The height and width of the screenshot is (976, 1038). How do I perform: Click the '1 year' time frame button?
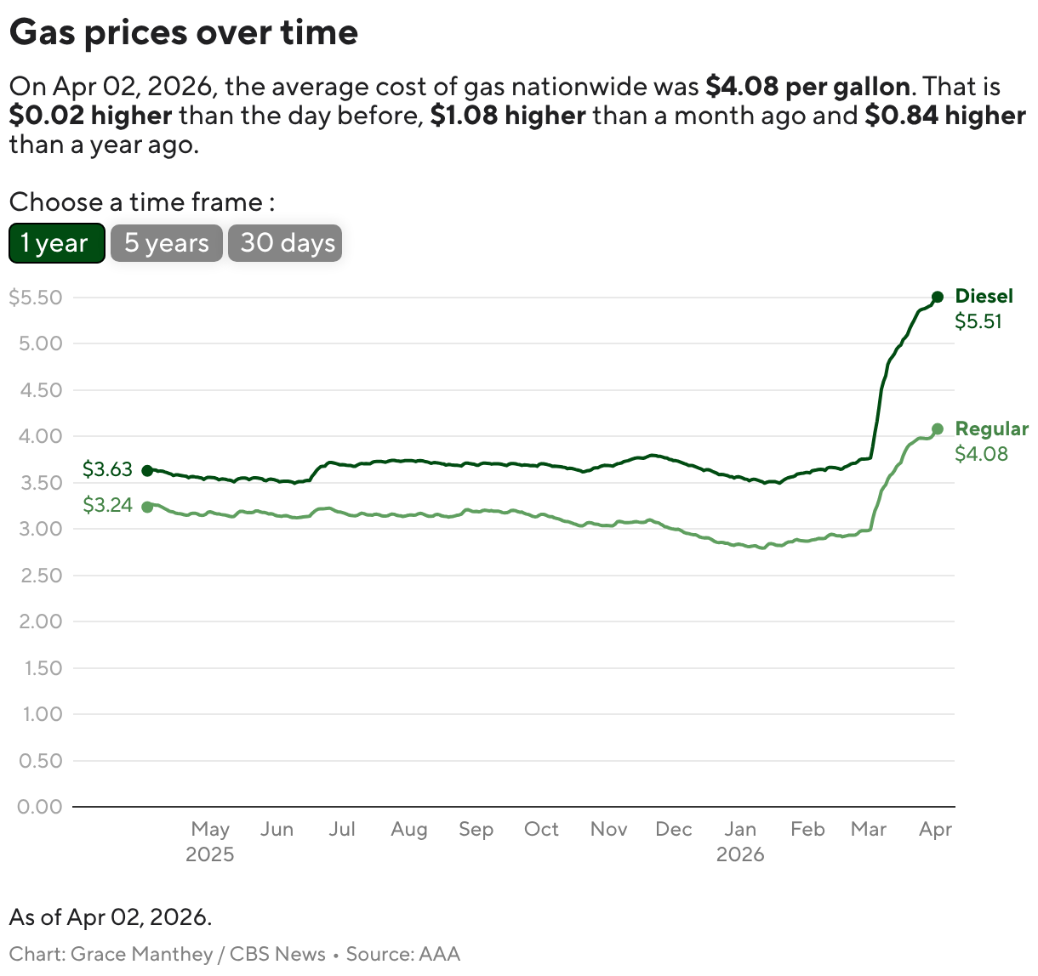[x=56, y=243]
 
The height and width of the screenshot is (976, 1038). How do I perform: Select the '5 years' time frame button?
[x=167, y=243]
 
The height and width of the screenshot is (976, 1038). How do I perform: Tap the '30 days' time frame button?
[x=285, y=243]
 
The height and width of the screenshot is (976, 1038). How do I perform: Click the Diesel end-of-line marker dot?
[x=938, y=297]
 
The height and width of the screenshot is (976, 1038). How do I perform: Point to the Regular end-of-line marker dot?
[x=938, y=429]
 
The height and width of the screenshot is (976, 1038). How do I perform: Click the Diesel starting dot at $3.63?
[x=147, y=470]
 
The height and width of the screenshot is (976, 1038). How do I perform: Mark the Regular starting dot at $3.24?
[x=147, y=507]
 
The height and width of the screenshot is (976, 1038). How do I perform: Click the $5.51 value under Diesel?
[x=978, y=321]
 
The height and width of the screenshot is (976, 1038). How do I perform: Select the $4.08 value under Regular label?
[x=981, y=454]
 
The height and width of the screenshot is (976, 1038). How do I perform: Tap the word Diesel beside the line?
[x=984, y=296]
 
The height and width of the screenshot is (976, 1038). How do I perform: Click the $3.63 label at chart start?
[x=107, y=469]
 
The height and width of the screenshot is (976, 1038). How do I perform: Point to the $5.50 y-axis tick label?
[x=36, y=298]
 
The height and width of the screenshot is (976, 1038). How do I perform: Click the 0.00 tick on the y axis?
[x=40, y=806]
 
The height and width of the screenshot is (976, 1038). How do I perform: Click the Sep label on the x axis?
[x=476, y=829]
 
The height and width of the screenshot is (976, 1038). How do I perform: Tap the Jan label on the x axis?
[x=740, y=829]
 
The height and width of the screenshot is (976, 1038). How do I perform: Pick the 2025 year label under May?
[x=209, y=854]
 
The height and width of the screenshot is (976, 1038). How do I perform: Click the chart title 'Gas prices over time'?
[x=184, y=32]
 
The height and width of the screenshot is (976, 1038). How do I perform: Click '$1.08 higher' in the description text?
[x=508, y=116]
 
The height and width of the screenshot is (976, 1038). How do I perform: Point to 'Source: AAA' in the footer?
[x=402, y=954]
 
